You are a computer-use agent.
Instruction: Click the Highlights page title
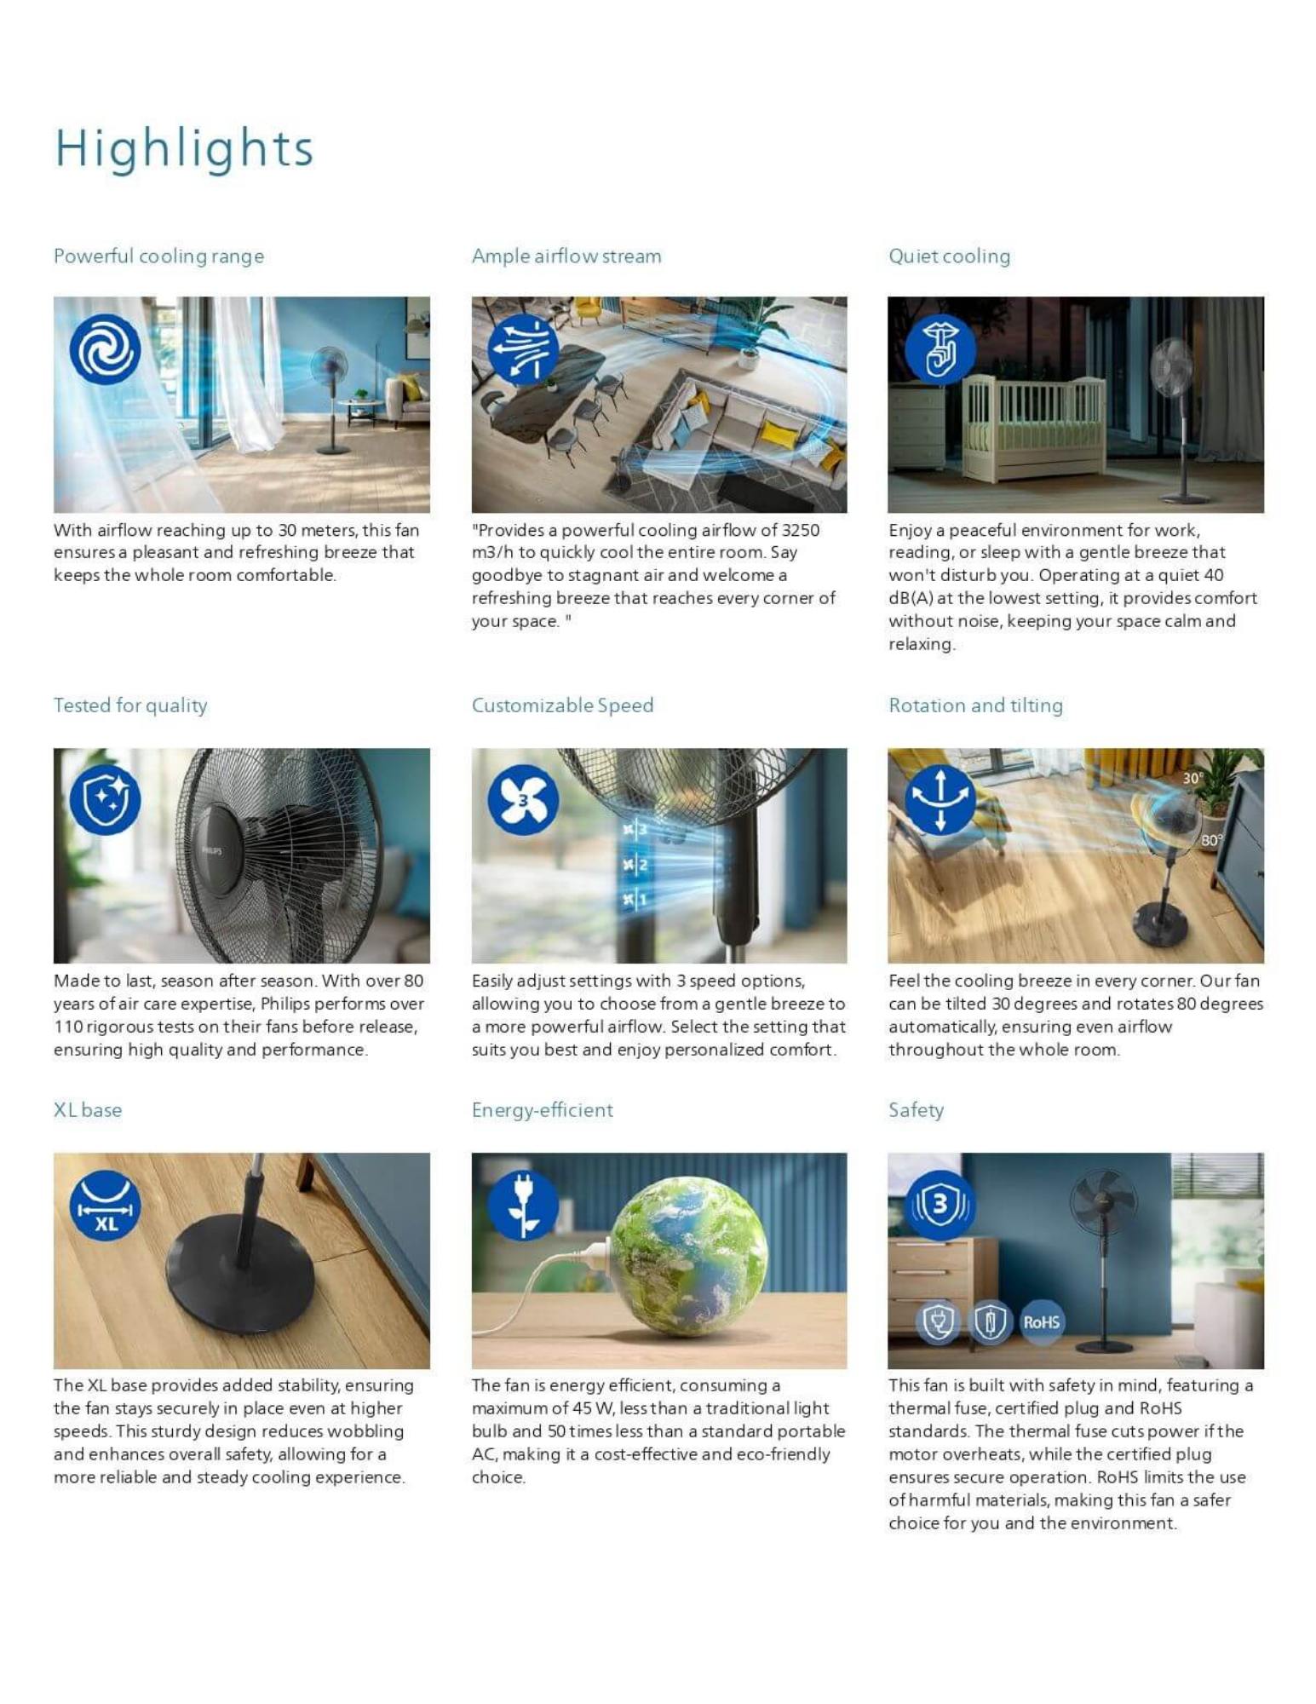[184, 148]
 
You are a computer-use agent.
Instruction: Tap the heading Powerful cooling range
[158, 256]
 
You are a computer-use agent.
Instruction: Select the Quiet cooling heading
[949, 256]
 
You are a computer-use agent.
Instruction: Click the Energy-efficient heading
[542, 1109]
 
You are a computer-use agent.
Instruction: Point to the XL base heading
[88, 1109]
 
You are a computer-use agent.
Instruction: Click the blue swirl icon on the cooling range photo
[105, 349]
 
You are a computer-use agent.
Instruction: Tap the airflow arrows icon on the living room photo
[523, 349]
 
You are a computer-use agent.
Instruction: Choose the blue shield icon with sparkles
[105, 799]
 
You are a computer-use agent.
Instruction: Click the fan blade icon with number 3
[523, 799]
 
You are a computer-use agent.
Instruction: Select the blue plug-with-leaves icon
[523, 1204]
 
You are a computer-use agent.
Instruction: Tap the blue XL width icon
[105, 1204]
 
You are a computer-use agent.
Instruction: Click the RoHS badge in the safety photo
[1041, 1321]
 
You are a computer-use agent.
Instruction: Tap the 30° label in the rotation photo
[1192, 778]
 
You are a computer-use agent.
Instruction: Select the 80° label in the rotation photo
[1211, 840]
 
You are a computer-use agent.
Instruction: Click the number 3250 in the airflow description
[801, 530]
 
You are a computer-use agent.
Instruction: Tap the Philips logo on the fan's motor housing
[211, 850]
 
